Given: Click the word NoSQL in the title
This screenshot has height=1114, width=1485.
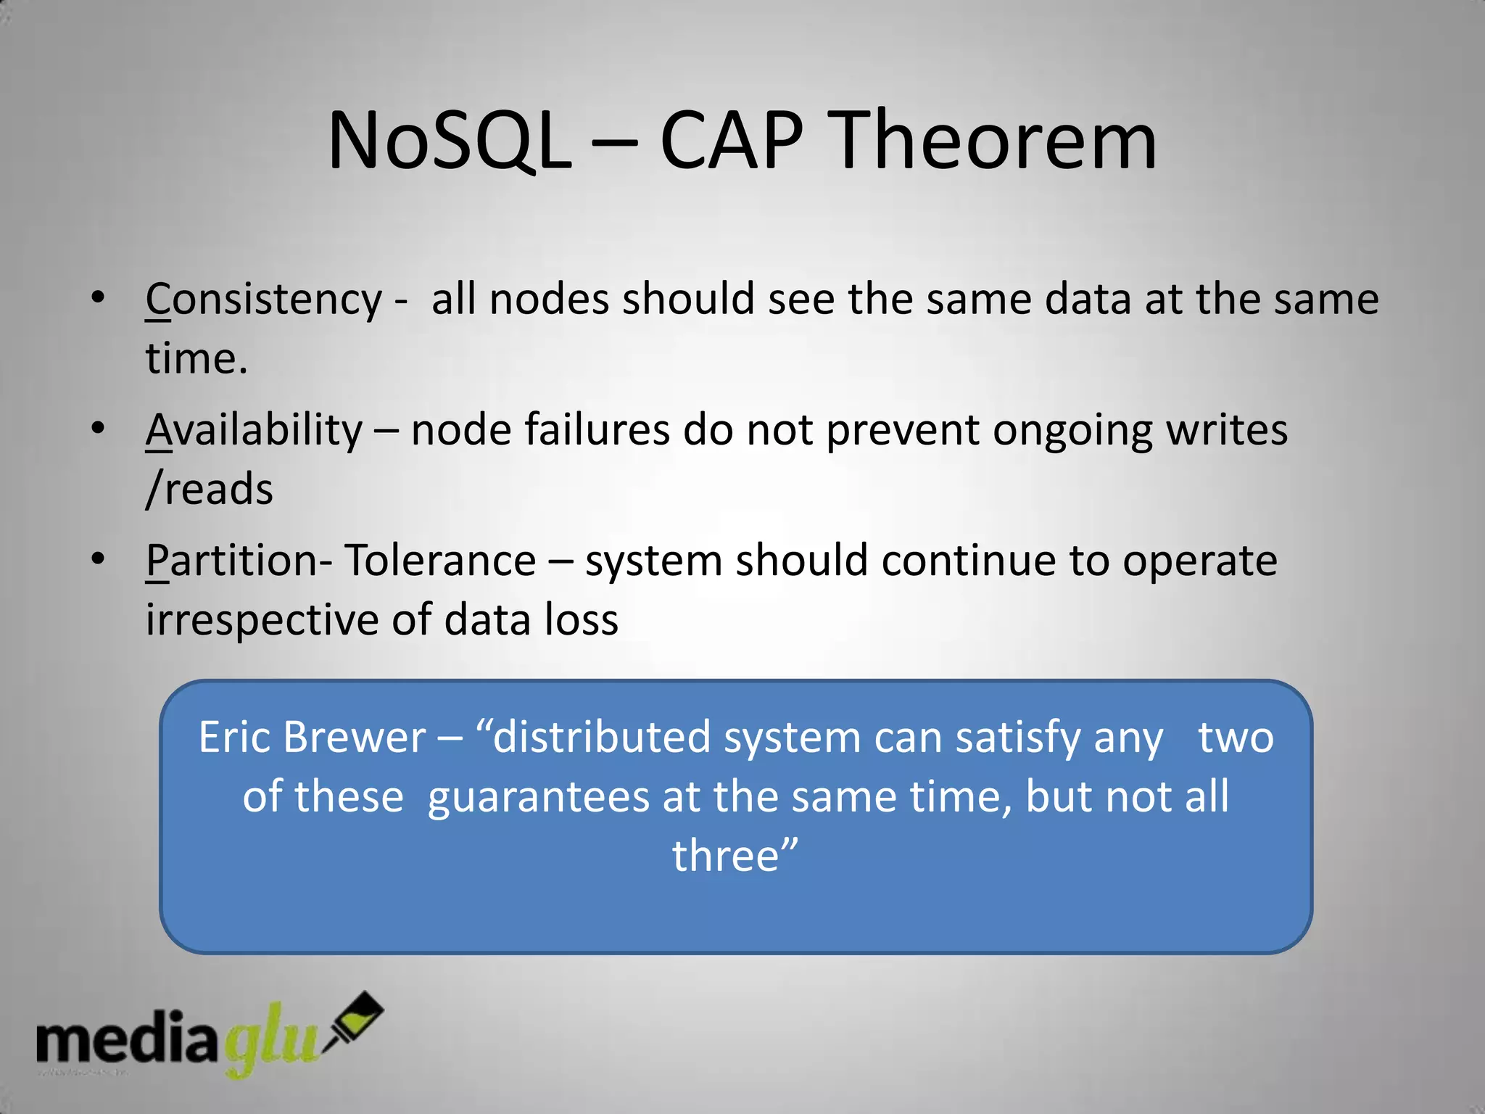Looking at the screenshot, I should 450,141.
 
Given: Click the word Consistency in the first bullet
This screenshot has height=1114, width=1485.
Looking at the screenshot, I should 263,300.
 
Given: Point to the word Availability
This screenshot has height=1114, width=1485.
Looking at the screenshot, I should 254,430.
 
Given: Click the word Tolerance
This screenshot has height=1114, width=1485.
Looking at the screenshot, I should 439,561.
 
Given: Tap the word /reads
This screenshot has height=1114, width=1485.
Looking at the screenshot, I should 209,489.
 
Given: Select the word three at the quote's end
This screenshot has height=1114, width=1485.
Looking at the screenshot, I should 725,856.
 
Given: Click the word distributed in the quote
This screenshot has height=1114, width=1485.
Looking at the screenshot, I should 602,738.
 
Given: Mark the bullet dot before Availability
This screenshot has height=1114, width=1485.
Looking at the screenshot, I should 98,428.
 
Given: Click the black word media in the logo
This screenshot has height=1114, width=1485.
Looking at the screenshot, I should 127,1039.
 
